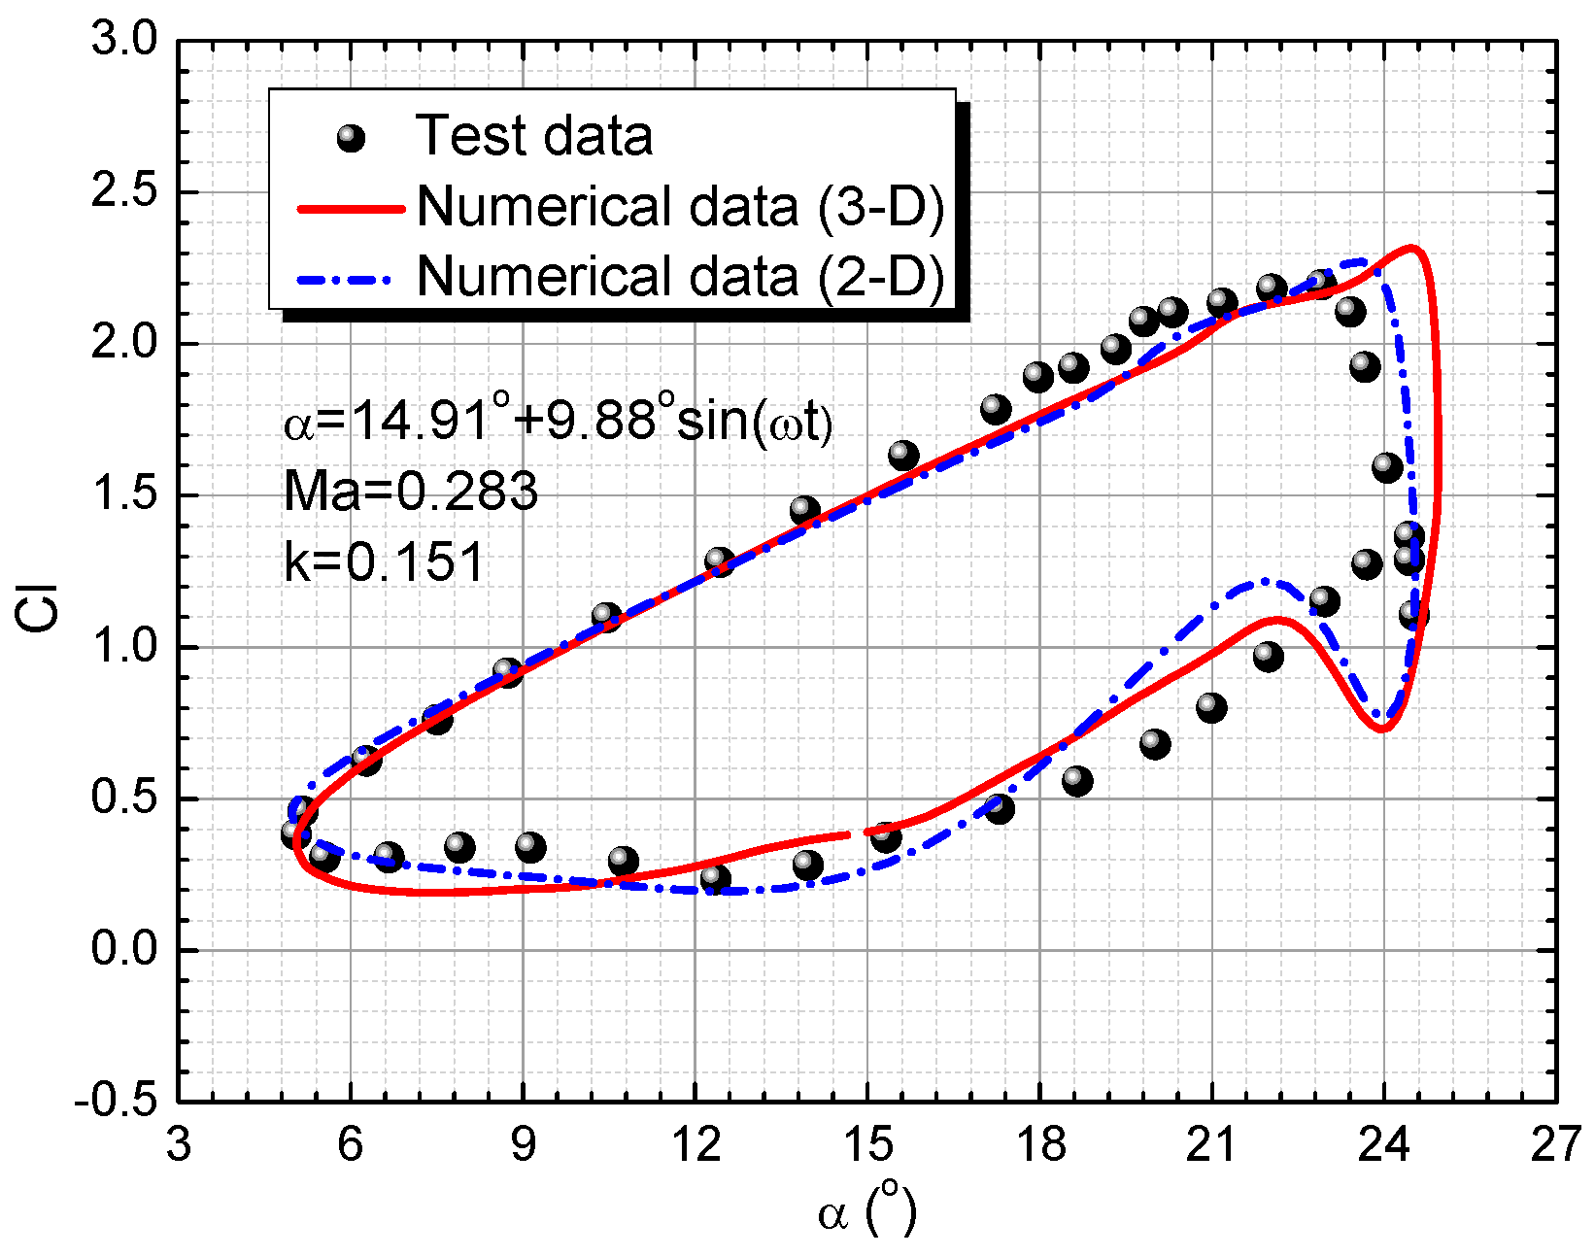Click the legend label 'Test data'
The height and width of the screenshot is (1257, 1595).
(x=533, y=135)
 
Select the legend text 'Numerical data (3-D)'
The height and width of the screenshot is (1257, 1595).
(x=680, y=206)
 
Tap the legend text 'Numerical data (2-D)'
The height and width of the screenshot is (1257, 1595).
(x=680, y=276)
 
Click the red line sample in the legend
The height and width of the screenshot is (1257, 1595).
(x=350, y=207)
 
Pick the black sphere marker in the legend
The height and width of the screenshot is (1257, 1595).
(x=350, y=139)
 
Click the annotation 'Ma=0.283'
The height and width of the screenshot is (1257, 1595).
(x=410, y=492)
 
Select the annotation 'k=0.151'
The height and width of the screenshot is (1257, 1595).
(x=384, y=562)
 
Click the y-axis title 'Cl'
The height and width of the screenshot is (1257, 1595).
(x=40, y=608)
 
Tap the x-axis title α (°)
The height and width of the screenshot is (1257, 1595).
(x=866, y=1211)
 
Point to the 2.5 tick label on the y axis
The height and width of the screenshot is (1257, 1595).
(x=123, y=192)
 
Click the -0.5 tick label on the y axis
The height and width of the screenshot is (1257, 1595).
(x=116, y=1102)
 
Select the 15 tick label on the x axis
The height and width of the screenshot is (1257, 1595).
(x=867, y=1146)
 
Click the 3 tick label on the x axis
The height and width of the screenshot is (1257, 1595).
(x=179, y=1146)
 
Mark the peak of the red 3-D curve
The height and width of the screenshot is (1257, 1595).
(x=1411, y=248)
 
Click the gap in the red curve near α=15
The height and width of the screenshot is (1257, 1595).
(x=858, y=832)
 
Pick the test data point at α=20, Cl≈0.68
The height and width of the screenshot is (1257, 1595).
(x=1154, y=744)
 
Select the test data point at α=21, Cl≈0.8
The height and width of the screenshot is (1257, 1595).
(x=1210, y=707)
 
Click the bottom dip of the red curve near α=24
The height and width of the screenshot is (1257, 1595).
(x=1382, y=729)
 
